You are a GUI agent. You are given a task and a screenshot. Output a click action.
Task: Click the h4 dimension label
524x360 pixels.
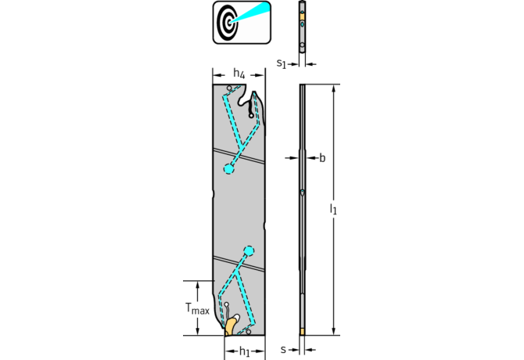point(239,74)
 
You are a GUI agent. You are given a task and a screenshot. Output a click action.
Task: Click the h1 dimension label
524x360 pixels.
point(244,351)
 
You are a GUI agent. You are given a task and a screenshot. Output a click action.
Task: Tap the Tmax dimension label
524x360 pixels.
point(197,308)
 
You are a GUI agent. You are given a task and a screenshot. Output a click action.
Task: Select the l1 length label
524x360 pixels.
point(333,209)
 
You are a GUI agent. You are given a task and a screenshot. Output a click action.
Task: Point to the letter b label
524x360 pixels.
point(322,158)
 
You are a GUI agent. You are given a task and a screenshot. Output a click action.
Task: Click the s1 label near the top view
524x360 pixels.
point(282,63)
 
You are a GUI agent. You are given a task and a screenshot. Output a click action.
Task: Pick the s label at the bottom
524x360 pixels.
point(283,350)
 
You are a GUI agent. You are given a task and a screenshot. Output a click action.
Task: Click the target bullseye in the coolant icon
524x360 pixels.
point(228,23)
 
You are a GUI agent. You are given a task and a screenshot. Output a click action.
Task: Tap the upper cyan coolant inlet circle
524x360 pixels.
point(228,169)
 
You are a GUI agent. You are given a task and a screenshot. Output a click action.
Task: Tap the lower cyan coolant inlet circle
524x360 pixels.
point(249,250)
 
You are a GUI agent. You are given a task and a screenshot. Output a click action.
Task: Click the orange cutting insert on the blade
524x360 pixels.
point(230,326)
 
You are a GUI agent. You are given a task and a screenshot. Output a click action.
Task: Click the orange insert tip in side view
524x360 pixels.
point(302,332)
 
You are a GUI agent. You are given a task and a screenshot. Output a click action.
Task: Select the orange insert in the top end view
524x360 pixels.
point(302,16)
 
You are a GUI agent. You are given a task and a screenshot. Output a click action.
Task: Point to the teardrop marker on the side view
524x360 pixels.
point(302,193)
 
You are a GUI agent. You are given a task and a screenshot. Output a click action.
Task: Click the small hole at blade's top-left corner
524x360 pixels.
point(229,88)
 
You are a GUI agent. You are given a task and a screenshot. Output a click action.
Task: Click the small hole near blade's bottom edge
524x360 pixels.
point(248,332)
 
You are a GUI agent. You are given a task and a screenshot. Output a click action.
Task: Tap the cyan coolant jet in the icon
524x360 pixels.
point(250,13)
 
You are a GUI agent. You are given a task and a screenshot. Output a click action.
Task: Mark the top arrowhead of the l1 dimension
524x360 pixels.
point(333,88)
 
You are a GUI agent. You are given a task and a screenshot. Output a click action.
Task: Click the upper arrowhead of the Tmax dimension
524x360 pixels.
point(198,285)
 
